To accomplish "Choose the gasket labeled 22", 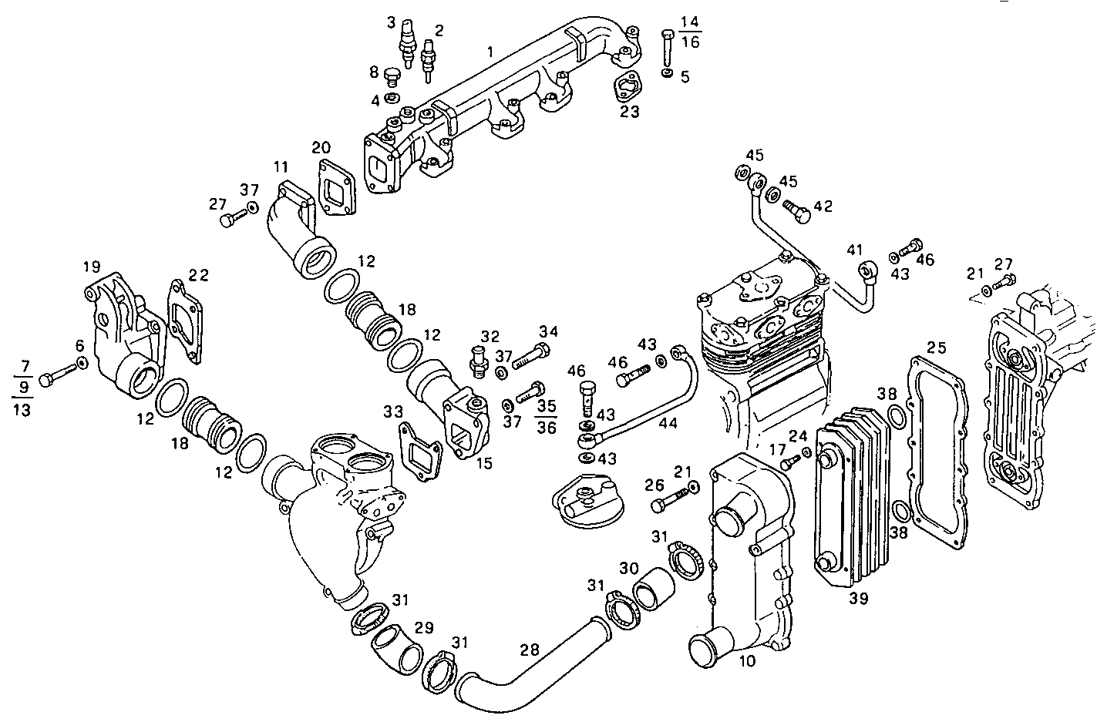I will coord(185,322).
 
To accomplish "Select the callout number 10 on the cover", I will coord(747,660).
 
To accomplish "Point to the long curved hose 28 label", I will coord(530,650).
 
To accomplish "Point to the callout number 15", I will coord(483,465).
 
